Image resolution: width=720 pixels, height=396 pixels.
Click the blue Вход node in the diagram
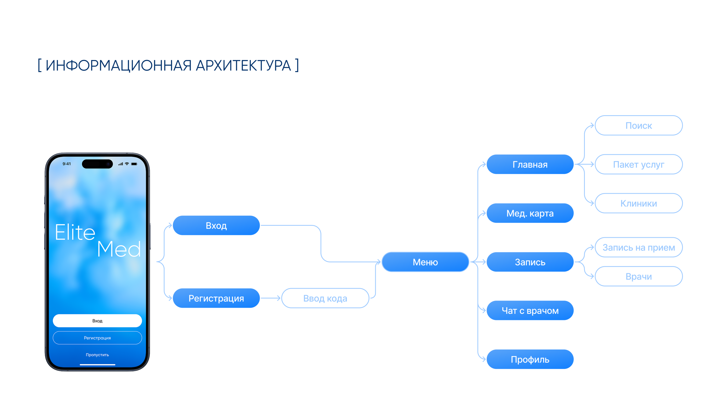(216, 225)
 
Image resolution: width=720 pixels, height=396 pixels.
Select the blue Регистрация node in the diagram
(216, 298)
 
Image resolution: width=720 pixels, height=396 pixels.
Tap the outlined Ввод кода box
(325, 298)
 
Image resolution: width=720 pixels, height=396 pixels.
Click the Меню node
(425, 262)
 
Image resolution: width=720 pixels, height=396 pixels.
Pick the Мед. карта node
(530, 213)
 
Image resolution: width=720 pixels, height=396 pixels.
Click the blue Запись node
(530, 262)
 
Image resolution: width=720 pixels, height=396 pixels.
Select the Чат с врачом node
(530, 310)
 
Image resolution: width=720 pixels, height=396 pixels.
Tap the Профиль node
(530, 359)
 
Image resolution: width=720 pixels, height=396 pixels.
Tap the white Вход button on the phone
(97, 321)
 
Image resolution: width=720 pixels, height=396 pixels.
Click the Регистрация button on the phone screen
(97, 338)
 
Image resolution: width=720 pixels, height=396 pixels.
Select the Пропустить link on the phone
(97, 355)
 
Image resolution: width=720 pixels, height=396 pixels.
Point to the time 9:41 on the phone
(67, 164)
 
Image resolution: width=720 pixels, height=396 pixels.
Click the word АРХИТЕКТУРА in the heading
(243, 66)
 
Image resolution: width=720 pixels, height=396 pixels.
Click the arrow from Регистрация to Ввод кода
(270, 298)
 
